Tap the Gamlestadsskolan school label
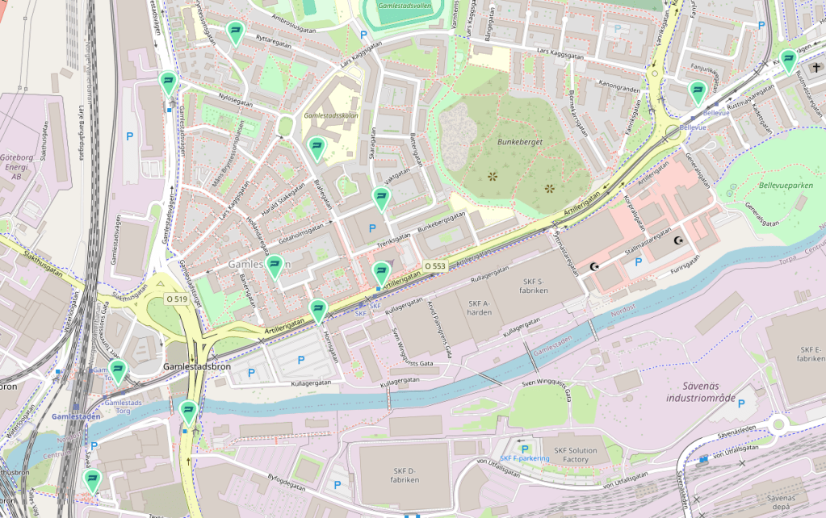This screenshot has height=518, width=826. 330,115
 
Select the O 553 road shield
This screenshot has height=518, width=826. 435,266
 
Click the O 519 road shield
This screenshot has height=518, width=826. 177,299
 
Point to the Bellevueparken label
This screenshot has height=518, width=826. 786,186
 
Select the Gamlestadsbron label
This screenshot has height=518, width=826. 197,366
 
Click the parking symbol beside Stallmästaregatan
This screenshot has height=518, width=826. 638,262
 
